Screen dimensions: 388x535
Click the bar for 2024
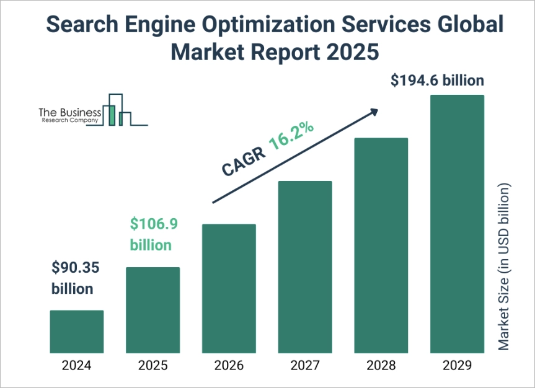pos(76,332)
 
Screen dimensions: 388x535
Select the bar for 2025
pos(153,310)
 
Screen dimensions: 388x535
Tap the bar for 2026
pos(229,288)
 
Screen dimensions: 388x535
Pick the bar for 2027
pos(305,267)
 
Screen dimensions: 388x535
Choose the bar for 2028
pos(381,245)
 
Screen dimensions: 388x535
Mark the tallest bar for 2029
pos(458,224)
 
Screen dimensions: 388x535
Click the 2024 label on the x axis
pos(76,365)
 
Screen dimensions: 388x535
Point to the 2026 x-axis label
pos(229,365)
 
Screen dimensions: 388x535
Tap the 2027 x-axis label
pos(305,365)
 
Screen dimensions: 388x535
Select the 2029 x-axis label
pos(458,365)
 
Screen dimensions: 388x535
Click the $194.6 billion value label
pos(438,81)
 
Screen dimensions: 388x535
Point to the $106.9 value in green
pos(152,223)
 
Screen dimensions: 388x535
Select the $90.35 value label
pos(75,268)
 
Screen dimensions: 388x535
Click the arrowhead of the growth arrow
pos(373,112)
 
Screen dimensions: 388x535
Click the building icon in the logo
pos(117,110)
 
